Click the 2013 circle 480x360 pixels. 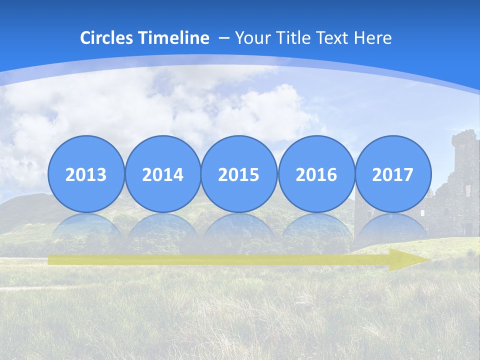click(86, 174)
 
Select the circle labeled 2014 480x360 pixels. click(163, 174)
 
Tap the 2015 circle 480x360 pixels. click(239, 174)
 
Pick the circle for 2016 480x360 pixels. click(316, 174)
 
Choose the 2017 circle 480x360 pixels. click(393, 174)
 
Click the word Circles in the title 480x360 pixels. click(106, 38)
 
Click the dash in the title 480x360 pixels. click(224, 38)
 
